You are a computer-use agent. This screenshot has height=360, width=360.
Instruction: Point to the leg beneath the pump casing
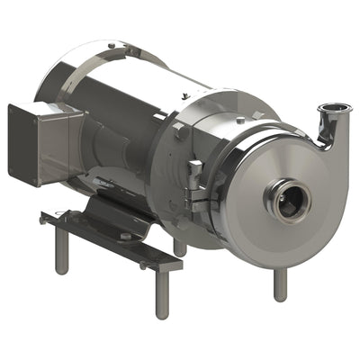coord(280,283)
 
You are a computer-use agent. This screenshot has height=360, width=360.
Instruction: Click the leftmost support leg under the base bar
coord(61,251)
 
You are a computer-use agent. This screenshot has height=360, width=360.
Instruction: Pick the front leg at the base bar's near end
coord(162,293)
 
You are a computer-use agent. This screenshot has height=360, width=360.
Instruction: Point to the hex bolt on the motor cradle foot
coord(125,236)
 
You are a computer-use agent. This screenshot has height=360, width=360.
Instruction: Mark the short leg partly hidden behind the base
coord(180,246)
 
